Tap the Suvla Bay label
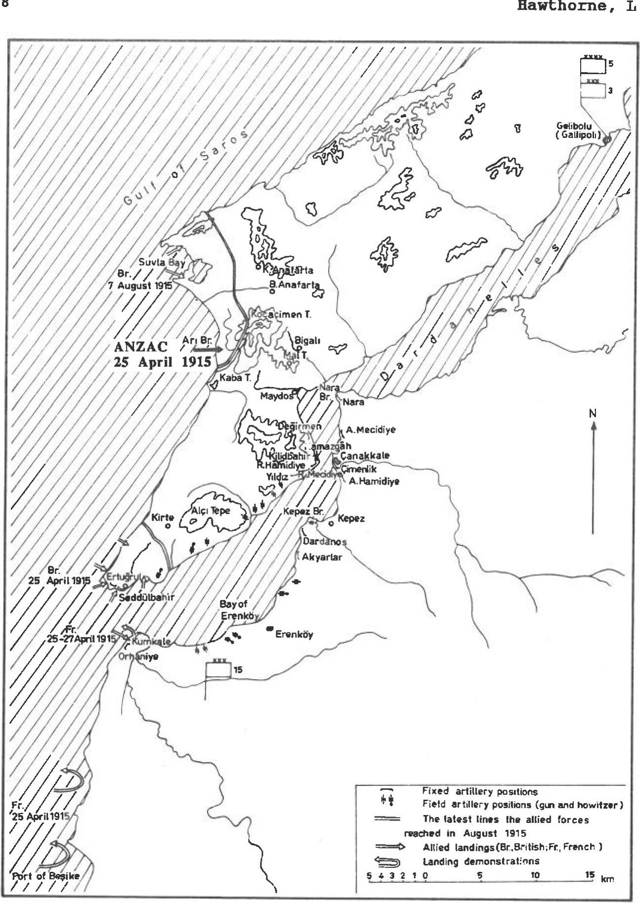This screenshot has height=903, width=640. (x=161, y=262)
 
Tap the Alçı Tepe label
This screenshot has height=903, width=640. (x=211, y=511)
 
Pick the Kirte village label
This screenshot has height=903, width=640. (x=163, y=517)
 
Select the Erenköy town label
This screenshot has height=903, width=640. (x=294, y=634)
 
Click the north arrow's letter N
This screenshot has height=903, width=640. (x=593, y=413)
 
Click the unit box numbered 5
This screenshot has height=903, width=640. (x=592, y=65)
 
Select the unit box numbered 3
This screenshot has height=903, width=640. (x=592, y=90)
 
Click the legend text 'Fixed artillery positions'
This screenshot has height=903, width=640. (x=479, y=791)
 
